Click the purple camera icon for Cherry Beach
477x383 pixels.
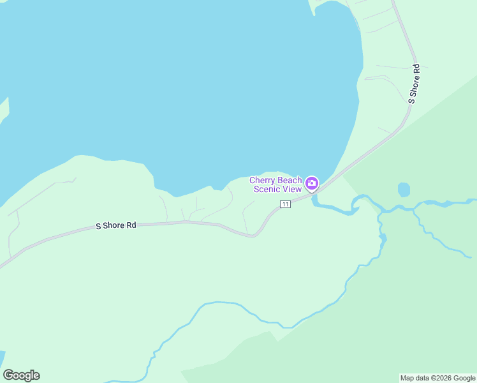point(312,184)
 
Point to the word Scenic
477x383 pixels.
point(267,189)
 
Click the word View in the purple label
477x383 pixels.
point(292,189)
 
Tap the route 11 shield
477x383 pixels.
point(285,204)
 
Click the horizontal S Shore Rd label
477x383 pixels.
point(116,225)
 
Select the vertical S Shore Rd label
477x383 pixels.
point(415,84)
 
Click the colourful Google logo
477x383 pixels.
point(21,375)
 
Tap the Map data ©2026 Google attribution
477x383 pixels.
point(437,378)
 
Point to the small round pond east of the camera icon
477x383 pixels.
point(404,190)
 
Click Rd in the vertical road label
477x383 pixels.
point(416,68)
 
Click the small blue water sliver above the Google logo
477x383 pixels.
point(2,357)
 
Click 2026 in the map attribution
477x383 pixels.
point(443,378)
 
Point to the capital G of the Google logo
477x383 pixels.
point(9,375)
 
